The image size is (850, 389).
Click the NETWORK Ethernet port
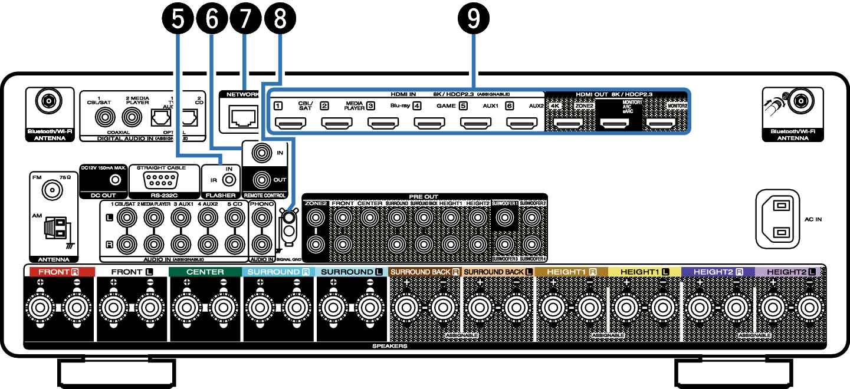pos(244,117)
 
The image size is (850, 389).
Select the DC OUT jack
pos(116,179)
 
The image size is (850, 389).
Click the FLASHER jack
pos(228,179)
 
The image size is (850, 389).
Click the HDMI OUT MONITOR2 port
pos(661,124)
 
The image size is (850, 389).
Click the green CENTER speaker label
pos(205,272)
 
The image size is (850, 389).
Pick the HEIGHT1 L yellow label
pos(644,272)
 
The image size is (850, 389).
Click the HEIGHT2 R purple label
pos(717,272)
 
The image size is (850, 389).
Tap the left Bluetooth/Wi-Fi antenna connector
pos(48,101)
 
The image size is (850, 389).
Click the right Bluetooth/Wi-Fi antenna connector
pos(800,101)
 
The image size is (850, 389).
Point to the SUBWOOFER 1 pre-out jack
pos(504,218)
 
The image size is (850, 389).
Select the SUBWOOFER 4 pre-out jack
pos(531,243)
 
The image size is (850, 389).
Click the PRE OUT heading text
pos(424,196)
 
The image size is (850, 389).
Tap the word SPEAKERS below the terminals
pos(389,346)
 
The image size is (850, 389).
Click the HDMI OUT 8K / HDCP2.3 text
pos(614,94)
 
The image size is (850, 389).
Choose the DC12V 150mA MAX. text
pos(103,167)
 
